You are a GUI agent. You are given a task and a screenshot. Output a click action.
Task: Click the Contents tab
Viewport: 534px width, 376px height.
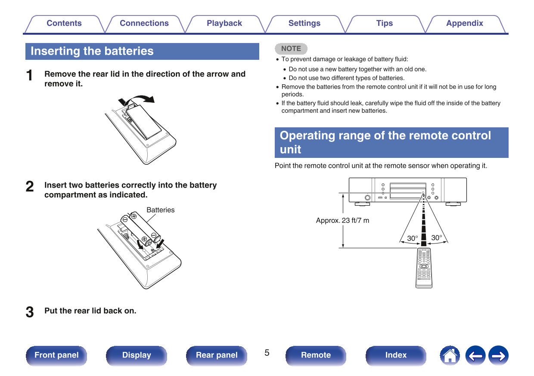click(x=64, y=24)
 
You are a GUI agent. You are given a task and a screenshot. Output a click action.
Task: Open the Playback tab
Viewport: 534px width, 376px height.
click(x=224, y=24)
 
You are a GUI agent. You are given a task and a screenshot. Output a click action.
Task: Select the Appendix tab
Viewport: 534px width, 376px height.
click(x=464, y=24)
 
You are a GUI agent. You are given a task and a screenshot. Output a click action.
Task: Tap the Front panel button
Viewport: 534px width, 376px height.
click(x=56, y=355)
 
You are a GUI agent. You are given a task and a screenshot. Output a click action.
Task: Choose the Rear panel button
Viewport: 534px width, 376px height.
click(x=217, y=355)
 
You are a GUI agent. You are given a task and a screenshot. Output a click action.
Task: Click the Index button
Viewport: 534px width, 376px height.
click(x=396, y=355)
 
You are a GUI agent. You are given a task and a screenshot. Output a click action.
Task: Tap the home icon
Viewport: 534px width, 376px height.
click(x=450, y=356)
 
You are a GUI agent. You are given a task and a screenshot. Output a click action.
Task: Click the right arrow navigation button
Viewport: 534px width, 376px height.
click(x=498, y=356)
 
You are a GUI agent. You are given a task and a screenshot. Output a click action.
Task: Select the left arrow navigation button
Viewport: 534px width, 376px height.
click(x=475, y=356)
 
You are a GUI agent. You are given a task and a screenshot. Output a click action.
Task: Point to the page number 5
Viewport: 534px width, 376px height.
click(x=267, y=353)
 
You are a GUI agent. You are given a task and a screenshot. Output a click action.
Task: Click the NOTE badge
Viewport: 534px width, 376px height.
click(x=291, y=49)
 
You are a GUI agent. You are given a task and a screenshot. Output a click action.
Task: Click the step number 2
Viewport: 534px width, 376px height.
click(x=30, y=187)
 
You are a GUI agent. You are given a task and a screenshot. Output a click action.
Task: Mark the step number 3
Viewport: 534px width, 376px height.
click(x=30, y=312)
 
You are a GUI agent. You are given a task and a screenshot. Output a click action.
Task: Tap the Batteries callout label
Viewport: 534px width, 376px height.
click(x=160, y=210)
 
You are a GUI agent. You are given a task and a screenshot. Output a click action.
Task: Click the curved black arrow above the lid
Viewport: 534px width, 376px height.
click(x=142, y=99)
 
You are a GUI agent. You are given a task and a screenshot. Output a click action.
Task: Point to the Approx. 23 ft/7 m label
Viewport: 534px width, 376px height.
click(x=342, y=220)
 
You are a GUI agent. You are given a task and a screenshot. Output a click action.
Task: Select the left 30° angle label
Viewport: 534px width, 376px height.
click(x=412, y=238)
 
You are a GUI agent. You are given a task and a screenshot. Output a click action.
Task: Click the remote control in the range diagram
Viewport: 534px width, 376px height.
click(x=424, y=268)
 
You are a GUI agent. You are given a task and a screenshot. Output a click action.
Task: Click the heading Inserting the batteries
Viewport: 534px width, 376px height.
click(x=92, y=51)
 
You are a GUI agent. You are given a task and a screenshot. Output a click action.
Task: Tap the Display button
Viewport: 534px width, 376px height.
click(x=137, y=355)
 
